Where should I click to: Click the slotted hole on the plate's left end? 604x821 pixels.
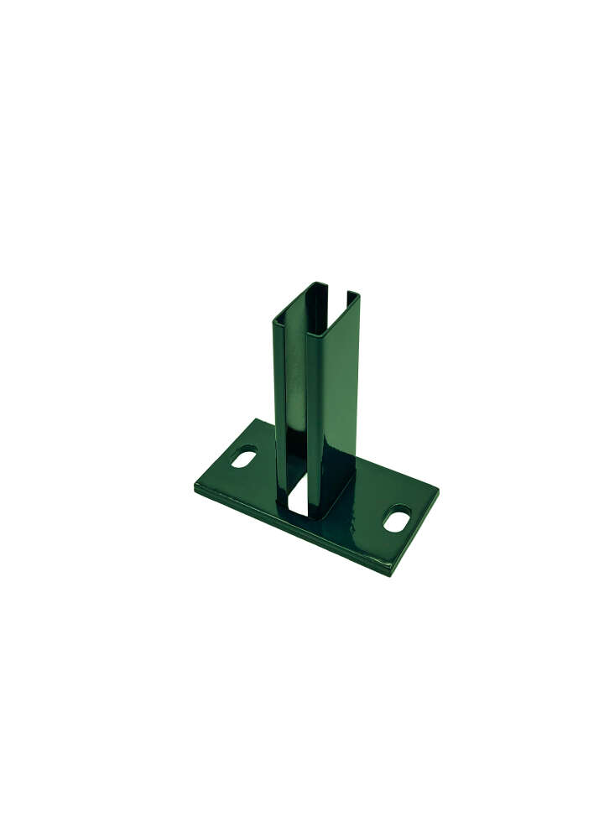[x=244, y=459]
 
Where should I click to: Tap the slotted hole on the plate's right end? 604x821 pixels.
[x=397, y=518]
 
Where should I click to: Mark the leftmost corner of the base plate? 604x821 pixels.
[x=195, y=485]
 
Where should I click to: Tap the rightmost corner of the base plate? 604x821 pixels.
[x=438, y=487]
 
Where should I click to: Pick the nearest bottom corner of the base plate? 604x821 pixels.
[x=389, y=574]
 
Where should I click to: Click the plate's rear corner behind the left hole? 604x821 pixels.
[x=257, y=420]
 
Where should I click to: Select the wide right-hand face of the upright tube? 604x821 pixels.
[x=336, y=394]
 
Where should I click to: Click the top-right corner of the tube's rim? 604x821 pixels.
[x=358, y=295]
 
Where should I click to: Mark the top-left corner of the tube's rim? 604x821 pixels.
[x=274, y=319]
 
